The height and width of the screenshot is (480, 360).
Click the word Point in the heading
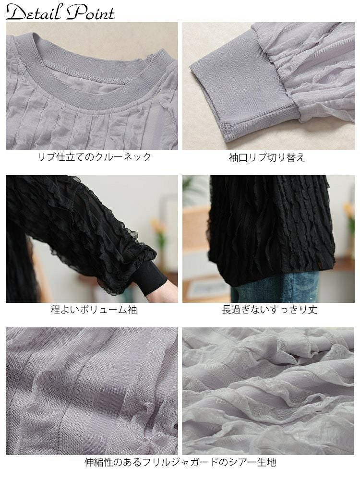91,13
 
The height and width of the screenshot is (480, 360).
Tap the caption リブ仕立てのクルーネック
94,157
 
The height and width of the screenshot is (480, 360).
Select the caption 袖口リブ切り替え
267,157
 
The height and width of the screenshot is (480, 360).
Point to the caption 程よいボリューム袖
94,310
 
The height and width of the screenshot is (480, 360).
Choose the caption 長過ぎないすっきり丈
269,310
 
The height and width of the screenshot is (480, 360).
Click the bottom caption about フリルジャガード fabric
180,462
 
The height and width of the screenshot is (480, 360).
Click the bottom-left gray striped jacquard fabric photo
92,391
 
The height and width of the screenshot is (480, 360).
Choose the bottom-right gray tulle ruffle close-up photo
268,391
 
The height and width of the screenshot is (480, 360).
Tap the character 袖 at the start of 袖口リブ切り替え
234,157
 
